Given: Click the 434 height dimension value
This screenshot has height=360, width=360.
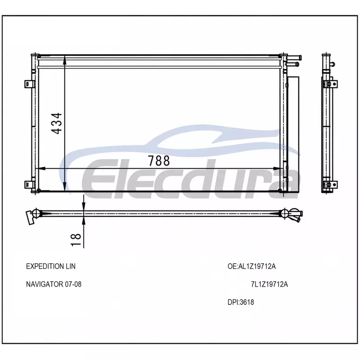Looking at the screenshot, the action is click(57, 123).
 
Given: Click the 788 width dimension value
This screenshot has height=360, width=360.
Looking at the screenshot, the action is click(159, 161).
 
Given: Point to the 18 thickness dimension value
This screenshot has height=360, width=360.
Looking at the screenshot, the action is click(76, 240).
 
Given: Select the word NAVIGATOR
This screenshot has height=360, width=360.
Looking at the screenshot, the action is click(45, 284).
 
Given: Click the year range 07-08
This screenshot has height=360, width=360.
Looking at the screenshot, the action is click(73, 284).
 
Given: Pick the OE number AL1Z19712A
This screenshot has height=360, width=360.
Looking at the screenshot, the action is click(257, 266).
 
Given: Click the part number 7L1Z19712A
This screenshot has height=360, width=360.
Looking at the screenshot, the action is click(269, 284).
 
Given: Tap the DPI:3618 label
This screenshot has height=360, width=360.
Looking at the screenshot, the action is click(241, 302).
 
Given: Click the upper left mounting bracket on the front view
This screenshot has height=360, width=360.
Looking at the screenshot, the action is click(29, 84).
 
